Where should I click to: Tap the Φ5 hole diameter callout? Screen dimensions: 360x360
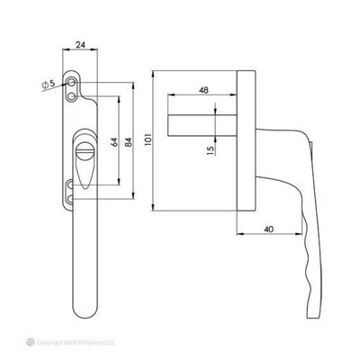[53, 85]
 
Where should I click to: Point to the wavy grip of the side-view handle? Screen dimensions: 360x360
[310, 261]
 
